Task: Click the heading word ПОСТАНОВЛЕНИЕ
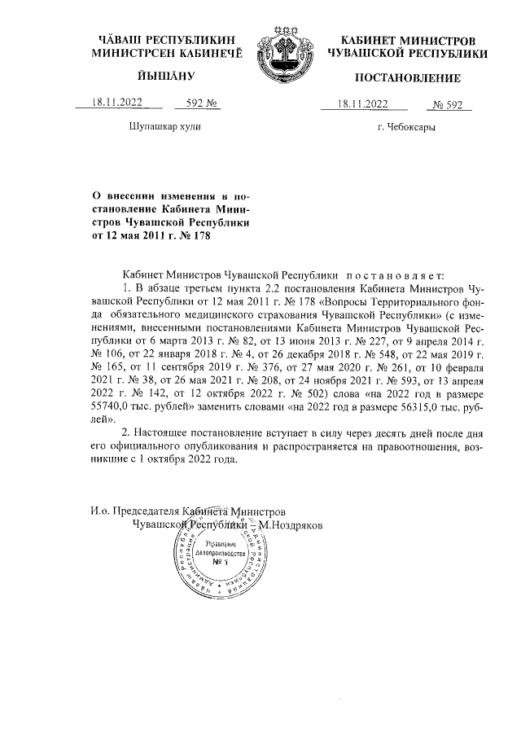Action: [x=408, y=78]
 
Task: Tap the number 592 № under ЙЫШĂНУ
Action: [x=199, y=103]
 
